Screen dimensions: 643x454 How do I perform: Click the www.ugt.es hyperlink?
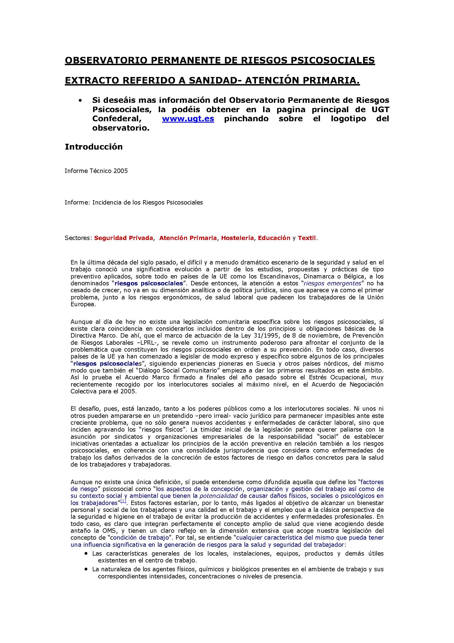[188, 119]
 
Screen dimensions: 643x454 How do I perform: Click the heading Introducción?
[94, 147]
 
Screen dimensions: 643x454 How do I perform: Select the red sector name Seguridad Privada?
[123, 238]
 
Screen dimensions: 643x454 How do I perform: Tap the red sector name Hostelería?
[238, 238]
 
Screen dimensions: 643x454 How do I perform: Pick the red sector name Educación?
[274, 238]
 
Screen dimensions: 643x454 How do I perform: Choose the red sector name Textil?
[307, 238]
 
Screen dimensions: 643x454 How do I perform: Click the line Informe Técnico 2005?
[96, 171]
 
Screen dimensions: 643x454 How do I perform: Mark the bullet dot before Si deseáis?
[80, 101]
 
